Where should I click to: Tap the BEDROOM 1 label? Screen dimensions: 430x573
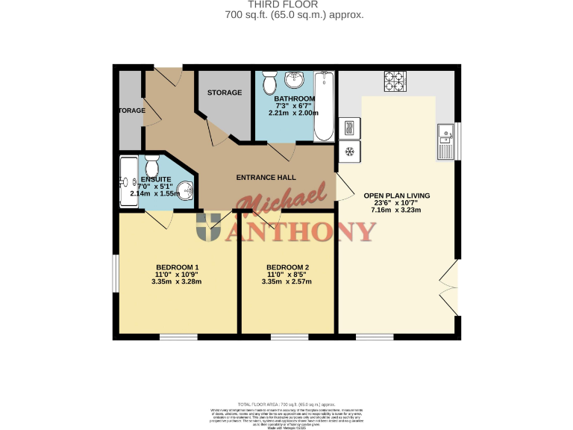177,267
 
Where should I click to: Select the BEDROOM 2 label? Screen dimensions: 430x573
287,267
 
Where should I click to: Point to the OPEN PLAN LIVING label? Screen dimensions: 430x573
396,196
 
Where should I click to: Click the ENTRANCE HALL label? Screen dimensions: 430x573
266,178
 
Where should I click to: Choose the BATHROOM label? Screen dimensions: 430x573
294,99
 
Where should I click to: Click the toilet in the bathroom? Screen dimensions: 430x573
270,78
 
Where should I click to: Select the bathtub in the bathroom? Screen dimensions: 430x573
325,107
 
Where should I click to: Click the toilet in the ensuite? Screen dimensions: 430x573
153,165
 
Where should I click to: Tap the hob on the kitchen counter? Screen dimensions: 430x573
393,81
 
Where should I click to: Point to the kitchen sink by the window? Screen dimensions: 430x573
445,140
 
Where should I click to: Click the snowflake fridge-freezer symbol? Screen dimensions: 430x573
348,152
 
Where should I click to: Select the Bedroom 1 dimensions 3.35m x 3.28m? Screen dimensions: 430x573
177,282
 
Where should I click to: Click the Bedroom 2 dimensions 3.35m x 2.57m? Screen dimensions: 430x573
287,282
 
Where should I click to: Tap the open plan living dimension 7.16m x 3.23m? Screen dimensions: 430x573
396,210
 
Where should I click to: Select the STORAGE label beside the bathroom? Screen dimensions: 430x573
225,93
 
